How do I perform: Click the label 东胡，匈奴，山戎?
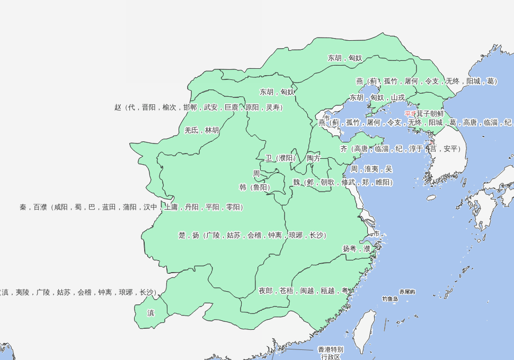pos(377,98)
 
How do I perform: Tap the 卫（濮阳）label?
pos(281,158)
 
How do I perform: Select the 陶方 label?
pos(314,158)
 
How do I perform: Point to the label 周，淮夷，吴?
pos(371,169)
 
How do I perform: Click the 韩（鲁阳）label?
pos(255,187)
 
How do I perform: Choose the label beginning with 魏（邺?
pos(343,182)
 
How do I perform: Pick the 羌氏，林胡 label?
pos(201,130)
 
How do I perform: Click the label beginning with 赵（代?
pos(199,107)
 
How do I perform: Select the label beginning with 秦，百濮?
pos(131,207)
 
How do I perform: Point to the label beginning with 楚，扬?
pos(252,235)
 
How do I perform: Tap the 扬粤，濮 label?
pos(357,248)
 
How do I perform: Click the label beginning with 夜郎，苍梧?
pos(304,291)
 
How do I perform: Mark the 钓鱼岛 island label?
pos(390,299)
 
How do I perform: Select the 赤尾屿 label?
pos(407,292)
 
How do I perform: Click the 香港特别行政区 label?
pos(331,353)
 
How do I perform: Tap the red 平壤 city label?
pos(410,114)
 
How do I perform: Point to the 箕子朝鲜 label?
pos(430,114)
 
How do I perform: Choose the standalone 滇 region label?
pos(151,313)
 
